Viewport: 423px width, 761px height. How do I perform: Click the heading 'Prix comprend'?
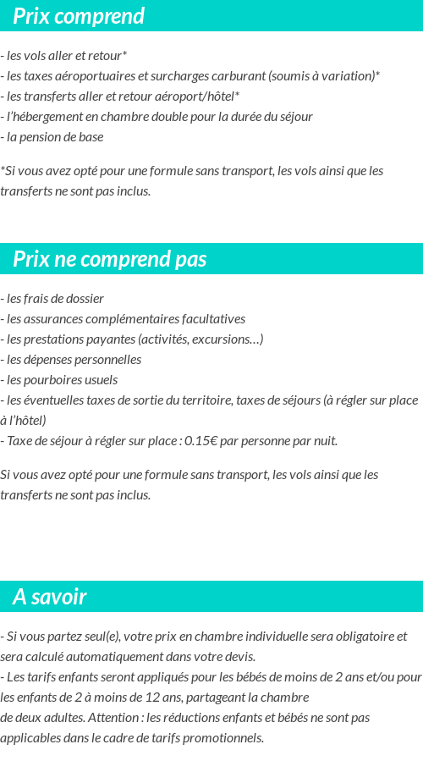79,16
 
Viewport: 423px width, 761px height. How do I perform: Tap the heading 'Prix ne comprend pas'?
109,259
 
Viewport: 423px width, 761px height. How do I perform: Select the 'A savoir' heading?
49,597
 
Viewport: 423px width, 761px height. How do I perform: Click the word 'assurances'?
54,319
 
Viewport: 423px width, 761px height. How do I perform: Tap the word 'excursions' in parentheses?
224,339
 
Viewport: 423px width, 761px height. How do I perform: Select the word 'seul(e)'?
85,637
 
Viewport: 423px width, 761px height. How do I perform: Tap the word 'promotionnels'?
224,738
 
